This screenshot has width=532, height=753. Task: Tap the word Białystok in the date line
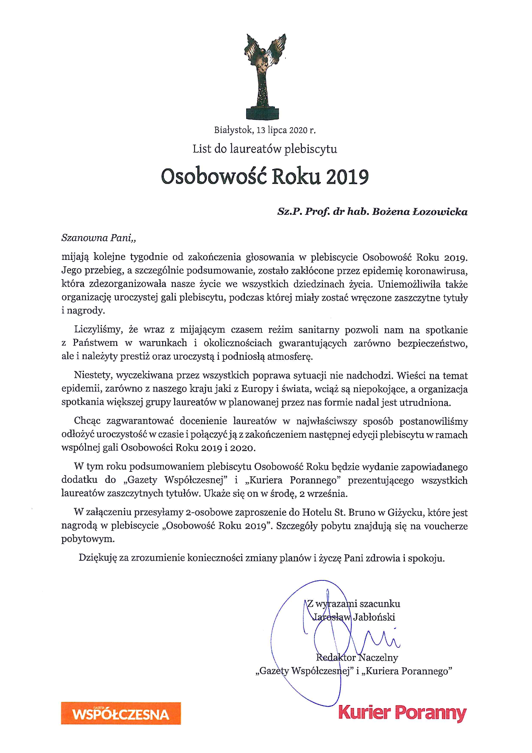click(x=233, y=130)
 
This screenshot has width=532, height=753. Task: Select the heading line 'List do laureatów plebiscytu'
click(x=265, y=149)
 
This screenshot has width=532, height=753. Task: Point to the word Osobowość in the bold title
click(x=214, y=177)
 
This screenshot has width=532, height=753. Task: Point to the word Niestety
click(x=93, y=375)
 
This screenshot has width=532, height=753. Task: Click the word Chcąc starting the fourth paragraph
click(x=87, y=421)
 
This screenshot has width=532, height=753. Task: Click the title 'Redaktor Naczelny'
click(x=357, y=657)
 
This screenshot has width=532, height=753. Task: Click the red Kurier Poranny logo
click(x=402, y=714)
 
